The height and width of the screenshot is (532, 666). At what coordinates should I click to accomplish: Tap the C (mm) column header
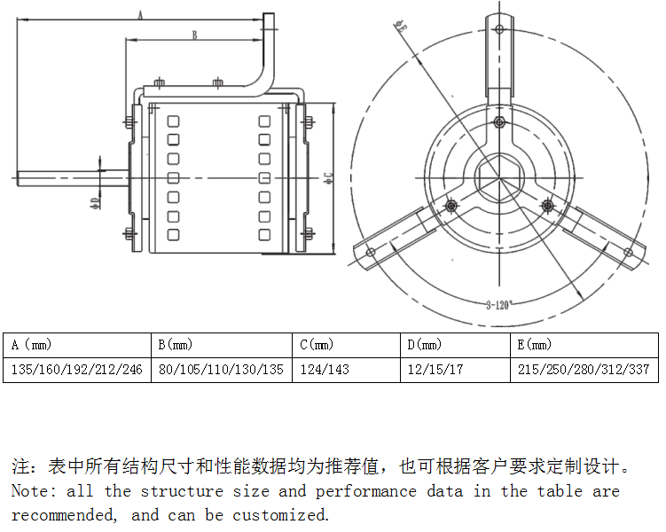pos(317,345)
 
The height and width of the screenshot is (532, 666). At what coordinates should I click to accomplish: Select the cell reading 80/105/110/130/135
pos(221,370)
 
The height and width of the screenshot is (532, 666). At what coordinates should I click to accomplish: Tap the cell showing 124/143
pos(325,370)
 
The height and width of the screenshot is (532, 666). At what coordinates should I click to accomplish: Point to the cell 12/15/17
pos(435,370)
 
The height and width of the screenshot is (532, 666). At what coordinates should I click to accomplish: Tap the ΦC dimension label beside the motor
pos(327,176)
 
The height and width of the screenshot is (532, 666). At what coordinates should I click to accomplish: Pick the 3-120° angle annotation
pos(499,305)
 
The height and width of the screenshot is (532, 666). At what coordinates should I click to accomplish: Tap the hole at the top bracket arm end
pos(499,29)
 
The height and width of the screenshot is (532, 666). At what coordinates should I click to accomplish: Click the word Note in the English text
pos(29,491)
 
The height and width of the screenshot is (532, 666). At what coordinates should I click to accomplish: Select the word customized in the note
pos(280,515)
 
